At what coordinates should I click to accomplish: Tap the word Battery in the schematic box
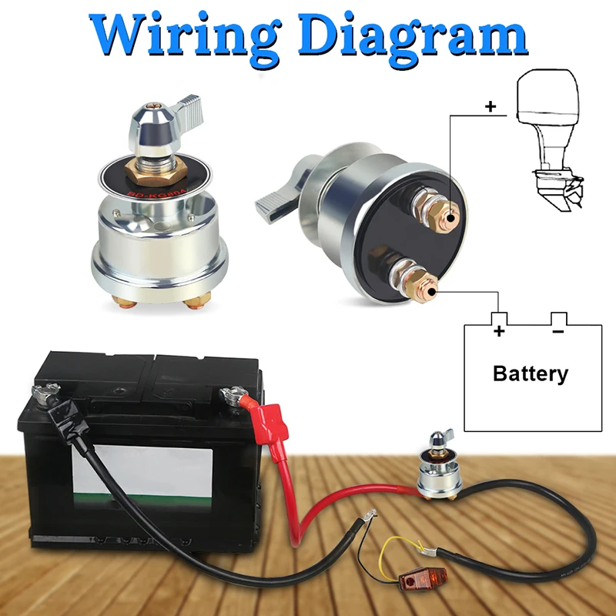pos(530,374)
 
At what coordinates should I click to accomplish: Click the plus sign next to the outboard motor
pos(490,106)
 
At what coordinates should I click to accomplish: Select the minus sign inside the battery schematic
pos(557,332)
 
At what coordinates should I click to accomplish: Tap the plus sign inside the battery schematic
pos(499,332)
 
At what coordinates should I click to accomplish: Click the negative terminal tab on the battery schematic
pos(558,318)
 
